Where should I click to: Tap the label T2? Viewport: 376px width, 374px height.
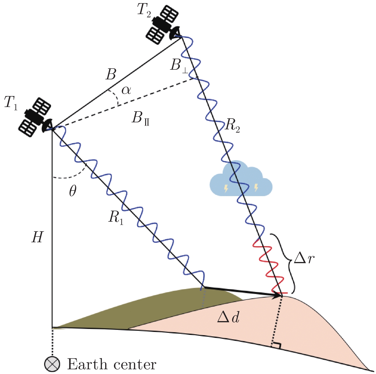click(144, 10)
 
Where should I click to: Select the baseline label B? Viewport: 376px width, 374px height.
click(111, 75)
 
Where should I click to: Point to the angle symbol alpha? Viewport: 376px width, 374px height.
click(126, 90)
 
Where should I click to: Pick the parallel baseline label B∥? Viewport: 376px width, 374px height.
click(140, 118)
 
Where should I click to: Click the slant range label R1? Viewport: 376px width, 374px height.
click(116, 218)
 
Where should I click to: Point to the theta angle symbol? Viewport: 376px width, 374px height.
click(73, 191)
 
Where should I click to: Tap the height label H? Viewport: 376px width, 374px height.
click(38, 237)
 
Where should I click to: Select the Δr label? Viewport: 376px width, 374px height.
click(304, 259)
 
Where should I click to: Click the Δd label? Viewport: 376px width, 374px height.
click(228, 318)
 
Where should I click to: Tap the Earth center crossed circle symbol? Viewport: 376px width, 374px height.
click(52, 364)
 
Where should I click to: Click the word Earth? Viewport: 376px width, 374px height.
click(87, 365)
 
